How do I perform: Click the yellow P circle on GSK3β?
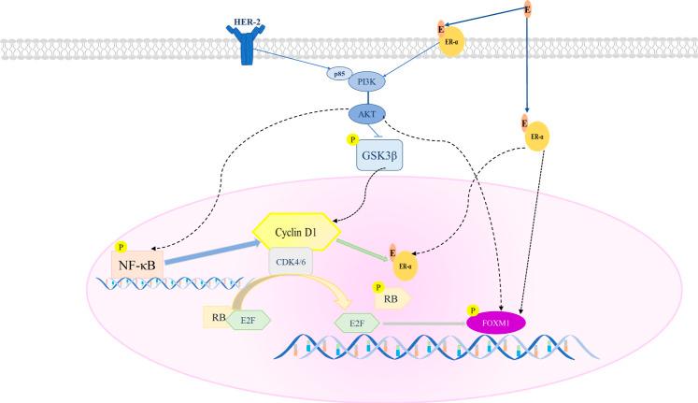tap(352, 141)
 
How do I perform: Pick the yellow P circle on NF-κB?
tap(119, 248)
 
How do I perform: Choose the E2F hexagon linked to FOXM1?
tap(357, 322)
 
